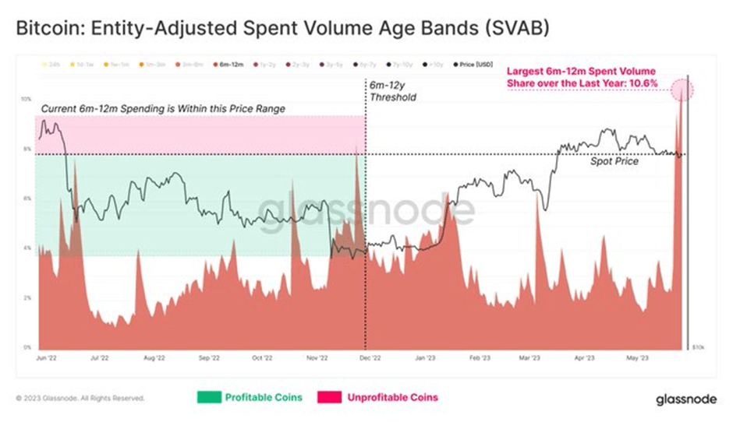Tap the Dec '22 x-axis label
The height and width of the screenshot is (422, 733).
click(368, 359)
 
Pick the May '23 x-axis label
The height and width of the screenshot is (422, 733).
click(638, 359)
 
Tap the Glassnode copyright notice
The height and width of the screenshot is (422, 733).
click(80, 398)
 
